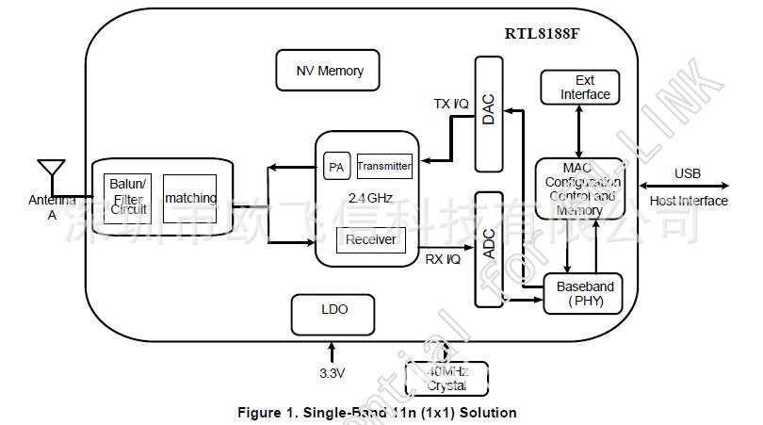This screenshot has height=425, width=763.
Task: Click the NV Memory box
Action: (x=329, y=71)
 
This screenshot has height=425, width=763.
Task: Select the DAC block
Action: (x=488, y=113)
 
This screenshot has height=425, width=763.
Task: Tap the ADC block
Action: (x=488, y=249)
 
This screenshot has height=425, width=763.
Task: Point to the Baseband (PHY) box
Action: (x=585, y=294)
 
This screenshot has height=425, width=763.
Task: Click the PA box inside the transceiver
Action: (x=335, y=167)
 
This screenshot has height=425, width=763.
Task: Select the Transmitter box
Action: (x=384, y=167)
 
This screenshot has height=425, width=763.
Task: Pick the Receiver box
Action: (x=369, y=240)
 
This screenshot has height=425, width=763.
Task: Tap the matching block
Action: (x=189, y=198)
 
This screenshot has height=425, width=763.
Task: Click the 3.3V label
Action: (x=333, y=373)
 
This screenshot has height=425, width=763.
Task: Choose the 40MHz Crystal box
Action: (x=446, y=379)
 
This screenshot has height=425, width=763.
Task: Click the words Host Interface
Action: (x=689, y=201)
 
